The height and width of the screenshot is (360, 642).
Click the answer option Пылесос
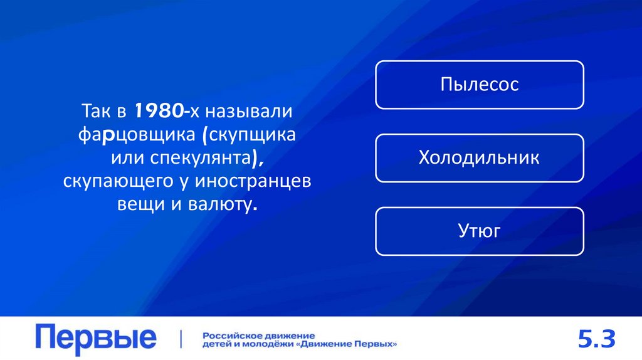480,85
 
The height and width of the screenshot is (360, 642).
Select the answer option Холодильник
480,157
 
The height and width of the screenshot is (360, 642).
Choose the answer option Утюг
480,231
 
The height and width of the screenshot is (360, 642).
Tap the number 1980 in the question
156,112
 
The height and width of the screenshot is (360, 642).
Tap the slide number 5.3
597,340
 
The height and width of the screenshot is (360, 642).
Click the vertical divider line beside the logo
181,339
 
